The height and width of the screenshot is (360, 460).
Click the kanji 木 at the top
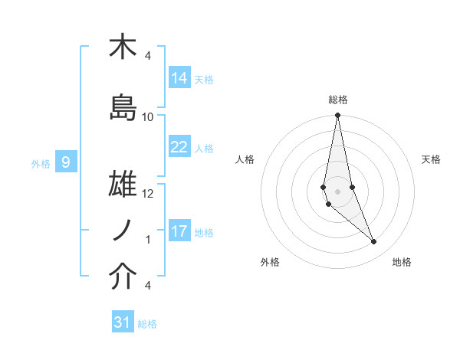123,47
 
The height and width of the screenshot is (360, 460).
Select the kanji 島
123,108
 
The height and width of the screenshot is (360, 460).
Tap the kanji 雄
123,186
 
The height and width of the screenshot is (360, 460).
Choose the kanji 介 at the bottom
123,278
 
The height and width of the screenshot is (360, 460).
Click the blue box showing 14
179,78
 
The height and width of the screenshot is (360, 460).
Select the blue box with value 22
179,147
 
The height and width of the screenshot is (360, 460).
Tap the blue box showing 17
179,231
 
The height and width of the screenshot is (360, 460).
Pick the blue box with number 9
66,162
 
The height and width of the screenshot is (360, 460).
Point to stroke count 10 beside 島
148,116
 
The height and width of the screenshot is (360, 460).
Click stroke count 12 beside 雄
148,194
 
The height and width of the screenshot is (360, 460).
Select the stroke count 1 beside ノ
148,240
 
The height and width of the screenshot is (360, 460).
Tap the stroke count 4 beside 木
148,55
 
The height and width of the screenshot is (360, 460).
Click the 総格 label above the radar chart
338,100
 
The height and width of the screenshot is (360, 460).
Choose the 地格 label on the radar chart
402,262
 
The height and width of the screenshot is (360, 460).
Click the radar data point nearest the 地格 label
374,242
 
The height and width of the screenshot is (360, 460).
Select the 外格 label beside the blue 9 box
40,163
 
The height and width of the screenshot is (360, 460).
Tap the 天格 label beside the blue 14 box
204,79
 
